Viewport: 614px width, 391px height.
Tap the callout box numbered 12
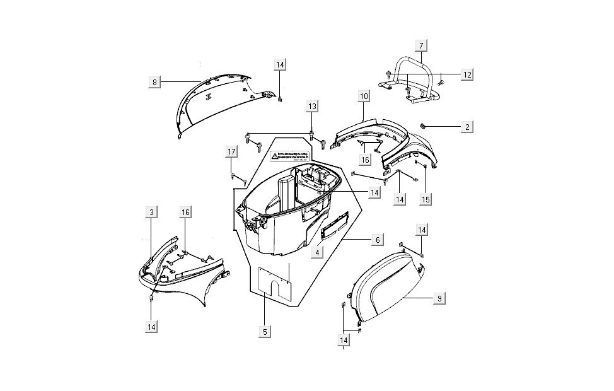click(467, 74)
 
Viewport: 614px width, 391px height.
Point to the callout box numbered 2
click(467, 127)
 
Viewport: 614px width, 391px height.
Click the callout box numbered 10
click(364, 96)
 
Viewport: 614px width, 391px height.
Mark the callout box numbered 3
click(152, 213)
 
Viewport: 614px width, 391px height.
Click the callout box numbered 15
click(426, 199)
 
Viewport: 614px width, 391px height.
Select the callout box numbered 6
click(376, 240)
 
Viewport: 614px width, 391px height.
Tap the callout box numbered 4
click(318, 252)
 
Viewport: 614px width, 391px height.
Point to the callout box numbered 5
click(265, 330)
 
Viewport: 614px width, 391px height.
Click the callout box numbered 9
click(439, 299)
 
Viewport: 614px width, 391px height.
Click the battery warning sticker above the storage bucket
click(290, 158)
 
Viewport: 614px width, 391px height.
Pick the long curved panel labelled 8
click(214, 104)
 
